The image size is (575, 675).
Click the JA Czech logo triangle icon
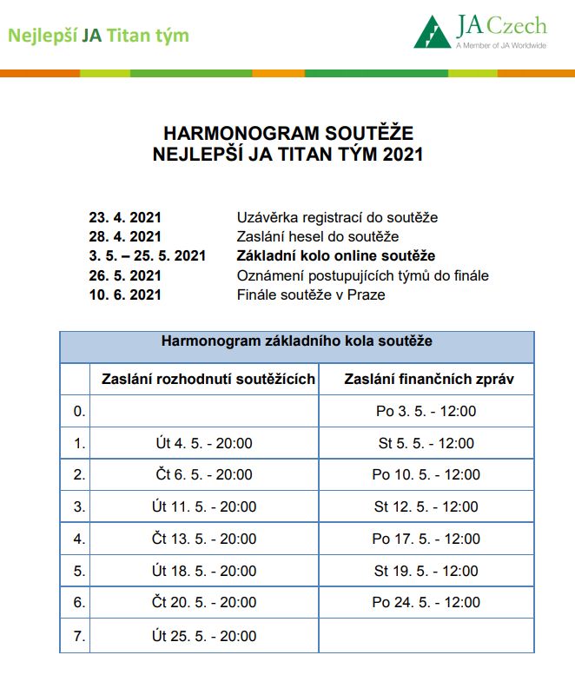(x=433, y=34)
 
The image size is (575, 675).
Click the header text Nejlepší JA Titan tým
(x=99, y=36)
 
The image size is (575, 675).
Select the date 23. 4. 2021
(x=125, y=217)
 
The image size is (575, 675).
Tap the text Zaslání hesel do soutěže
(x=318, y=236)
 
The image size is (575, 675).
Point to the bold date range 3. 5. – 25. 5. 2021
(x=147, y=255)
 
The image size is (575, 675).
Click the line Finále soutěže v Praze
(x=311, y=294)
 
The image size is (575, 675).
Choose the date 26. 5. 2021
(x=125, y=275)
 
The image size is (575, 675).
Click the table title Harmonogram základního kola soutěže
(x=296, y=341)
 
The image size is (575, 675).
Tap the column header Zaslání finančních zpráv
(x=425, y=379)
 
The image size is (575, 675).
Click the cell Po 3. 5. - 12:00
(x=426, y=411)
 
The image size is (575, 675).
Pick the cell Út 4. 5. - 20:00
(x=202, y=443)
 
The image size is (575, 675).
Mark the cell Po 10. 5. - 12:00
(x=426, y=475)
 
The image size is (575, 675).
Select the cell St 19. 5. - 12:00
(x=426, y=571)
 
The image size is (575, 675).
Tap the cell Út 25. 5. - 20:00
(x=202, y=636)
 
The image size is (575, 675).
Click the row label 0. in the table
(x=79, y=411)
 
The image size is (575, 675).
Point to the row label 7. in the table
(x=79, y=636)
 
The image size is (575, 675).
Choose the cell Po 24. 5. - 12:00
(x=426, y=602)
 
